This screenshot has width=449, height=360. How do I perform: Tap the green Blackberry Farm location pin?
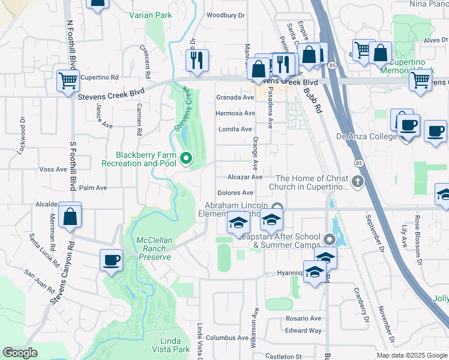pyautogui.click(x=186, y=158)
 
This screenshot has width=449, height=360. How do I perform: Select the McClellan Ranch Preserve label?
pyautogui.click(x=154, y=248)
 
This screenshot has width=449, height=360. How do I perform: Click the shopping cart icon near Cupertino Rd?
pyautogui.click(x=68, y=80)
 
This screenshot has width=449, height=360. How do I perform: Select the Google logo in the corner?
pyautogui.click(x=20, y=353)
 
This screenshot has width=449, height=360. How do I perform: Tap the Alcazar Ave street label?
pyautogui.click(x=245, y=178)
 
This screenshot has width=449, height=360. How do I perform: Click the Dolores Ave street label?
pyautogui.click(x=235, y=193)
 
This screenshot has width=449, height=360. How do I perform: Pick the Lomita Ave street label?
pyautogui.click(x=235, y=129)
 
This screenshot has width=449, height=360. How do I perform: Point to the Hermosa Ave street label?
pyautogui.click(x=236, y=113)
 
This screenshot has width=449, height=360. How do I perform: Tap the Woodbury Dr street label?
pyautogui.click(x=226, y=15)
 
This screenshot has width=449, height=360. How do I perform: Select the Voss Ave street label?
pyautogui.click(x=53, y=169)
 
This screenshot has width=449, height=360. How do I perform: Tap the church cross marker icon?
pyautogui.click(x=358, y=181)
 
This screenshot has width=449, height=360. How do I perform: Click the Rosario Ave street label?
pyautogui.click(x=304, y=318)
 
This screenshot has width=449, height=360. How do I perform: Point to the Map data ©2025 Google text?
pyautogui.click(x=412, y=355)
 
